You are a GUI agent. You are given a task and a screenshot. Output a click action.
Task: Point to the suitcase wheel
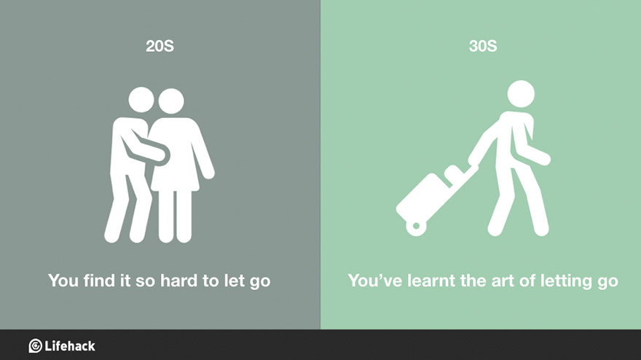(416, 227)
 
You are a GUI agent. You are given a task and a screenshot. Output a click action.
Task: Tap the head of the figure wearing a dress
(173, 101)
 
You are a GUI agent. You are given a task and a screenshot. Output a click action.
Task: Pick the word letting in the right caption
(568, 280)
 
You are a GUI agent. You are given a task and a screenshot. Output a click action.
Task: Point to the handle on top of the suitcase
(454, 173)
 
